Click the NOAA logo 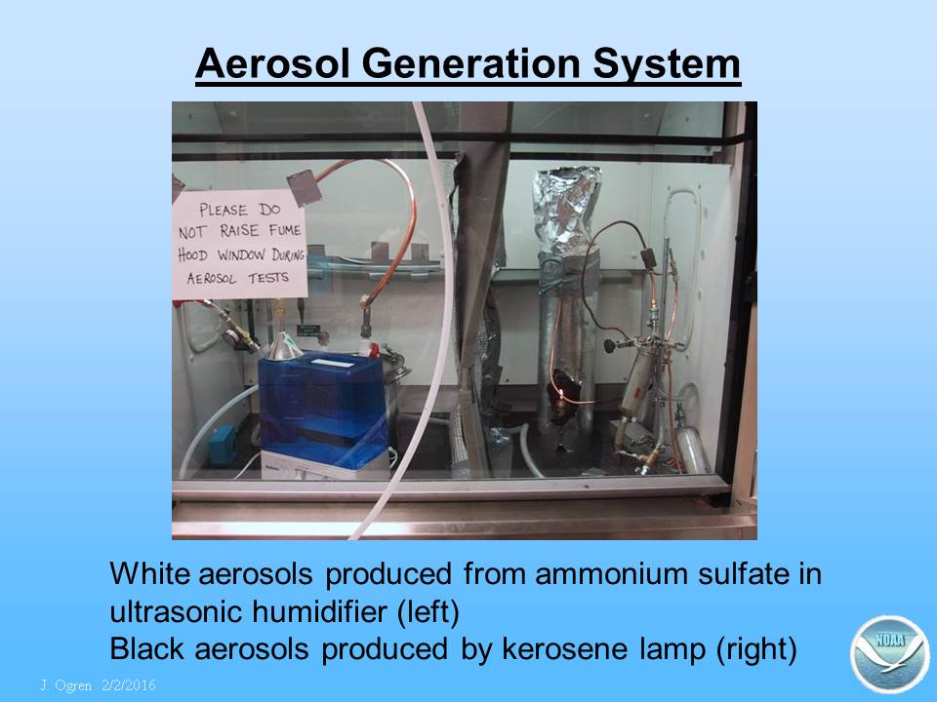[890, 654]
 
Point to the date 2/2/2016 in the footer [129, 684]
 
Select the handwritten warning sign [240, 245]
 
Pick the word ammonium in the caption [610, 573]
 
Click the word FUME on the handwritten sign [284, 230]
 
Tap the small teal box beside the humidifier [222, 443]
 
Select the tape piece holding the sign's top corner [305, 187]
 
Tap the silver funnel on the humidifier [283, 347]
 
